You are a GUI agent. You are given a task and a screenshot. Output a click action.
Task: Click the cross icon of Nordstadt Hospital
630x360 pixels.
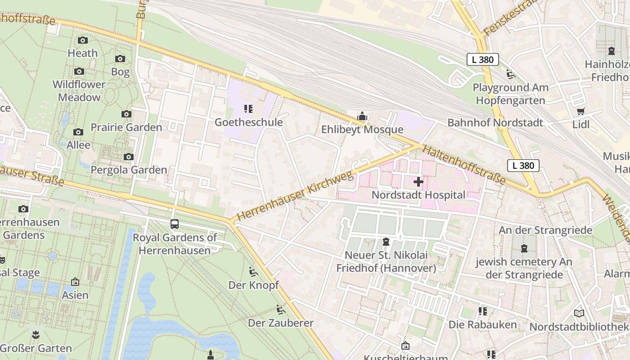pyautogui.click(x=418, y=182)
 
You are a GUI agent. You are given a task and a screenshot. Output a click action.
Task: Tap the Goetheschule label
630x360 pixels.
pyautogui.click(x=248, y=122)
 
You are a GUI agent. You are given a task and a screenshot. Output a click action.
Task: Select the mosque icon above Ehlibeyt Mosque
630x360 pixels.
pyautogui.click(x=362, y=117)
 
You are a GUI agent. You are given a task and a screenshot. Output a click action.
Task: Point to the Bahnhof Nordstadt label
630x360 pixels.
pyautogui.click(x=495, y=122)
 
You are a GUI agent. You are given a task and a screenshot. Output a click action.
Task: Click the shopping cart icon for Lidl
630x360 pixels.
pyautogui.click(x=581, y=111)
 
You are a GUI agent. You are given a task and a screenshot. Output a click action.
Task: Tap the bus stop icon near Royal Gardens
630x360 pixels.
pyautogui.click(x=174, y=224)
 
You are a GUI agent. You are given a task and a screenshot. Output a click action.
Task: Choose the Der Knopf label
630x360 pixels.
pyautogui.click(x=253, y=285)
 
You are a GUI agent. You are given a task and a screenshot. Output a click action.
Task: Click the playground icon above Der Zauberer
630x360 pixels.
pyautogui.click(x=281, y=310)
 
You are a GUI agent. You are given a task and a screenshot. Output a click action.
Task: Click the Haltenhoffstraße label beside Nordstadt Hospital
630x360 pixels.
pyautogui.click(x=464, y=165)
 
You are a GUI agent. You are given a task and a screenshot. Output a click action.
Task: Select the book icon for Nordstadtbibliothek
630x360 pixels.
pyautogui.click(x=579, y=313)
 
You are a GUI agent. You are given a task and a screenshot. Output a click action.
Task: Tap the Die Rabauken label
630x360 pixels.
pyautogui.click(x=482, y=324)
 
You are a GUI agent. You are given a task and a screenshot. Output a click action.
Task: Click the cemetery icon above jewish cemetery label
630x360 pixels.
pyautogui.click(x=524, y=248)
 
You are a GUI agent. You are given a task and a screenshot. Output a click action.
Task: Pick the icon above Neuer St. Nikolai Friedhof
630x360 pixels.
pyautogui.click(x=386, y=242)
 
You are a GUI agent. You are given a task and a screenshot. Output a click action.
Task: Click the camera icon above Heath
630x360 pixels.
pyautogui.click(x=82, y=40)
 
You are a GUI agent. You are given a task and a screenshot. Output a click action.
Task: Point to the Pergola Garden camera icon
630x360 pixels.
pyautogui.click(x=129, y=157)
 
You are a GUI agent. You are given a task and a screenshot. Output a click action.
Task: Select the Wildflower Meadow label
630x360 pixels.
pyautogui.click(x=79, y=91)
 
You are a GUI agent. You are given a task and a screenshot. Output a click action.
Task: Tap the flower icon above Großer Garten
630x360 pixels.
pyautogui.click(x=36, y=334)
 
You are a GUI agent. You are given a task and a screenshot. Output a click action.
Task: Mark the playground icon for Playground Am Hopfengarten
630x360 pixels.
pyautogui.click(x=510, y=74)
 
